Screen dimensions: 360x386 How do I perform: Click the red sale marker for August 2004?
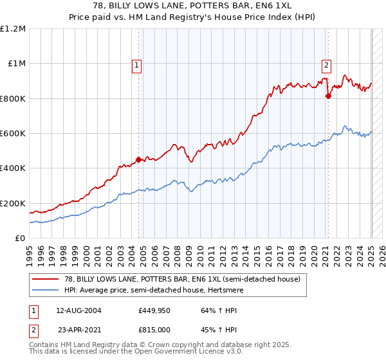(x=138, y=160)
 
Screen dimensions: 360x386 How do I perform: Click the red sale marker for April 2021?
(x=328, y=96)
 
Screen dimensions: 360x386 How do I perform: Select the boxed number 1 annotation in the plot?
(x=138, y=64)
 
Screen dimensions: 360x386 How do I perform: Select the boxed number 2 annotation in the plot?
(x=327, y=64)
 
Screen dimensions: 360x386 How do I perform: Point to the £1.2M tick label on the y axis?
(x=14, y=29)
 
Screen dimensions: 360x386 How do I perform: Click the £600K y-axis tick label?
(x=14, y=134)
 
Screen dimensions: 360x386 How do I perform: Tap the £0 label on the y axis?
(x=20, y=239)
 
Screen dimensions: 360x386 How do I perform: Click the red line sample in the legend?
(x=45, y=279)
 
